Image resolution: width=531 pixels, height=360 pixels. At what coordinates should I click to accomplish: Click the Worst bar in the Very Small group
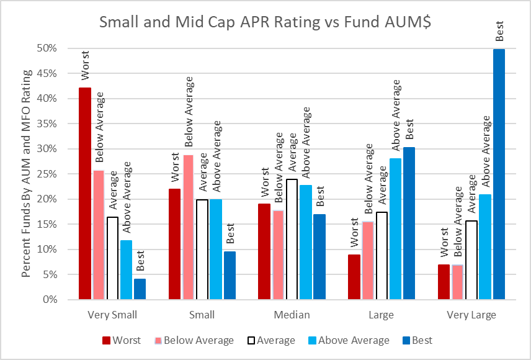coord(84,194)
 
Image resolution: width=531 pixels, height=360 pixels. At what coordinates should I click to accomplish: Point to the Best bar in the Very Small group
coord(140,289)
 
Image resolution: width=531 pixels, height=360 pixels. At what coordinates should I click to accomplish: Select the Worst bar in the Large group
coord(354,277)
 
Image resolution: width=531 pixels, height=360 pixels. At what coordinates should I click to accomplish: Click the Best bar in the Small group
coord(230,276)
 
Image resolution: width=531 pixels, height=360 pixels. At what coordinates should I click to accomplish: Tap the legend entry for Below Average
coord(195,340)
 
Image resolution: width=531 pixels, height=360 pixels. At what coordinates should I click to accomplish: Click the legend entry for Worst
coord(122,340)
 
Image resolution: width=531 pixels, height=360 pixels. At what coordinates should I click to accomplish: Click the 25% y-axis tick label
coord(50,174)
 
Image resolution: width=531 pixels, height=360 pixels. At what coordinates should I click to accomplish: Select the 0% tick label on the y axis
coord(52,300)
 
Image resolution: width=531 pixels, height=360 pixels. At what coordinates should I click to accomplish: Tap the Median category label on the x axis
coord(292,315)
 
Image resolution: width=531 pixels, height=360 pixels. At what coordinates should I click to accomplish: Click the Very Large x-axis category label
coord(471,315)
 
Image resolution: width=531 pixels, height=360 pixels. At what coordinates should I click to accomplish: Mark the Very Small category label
coord(112,315)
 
